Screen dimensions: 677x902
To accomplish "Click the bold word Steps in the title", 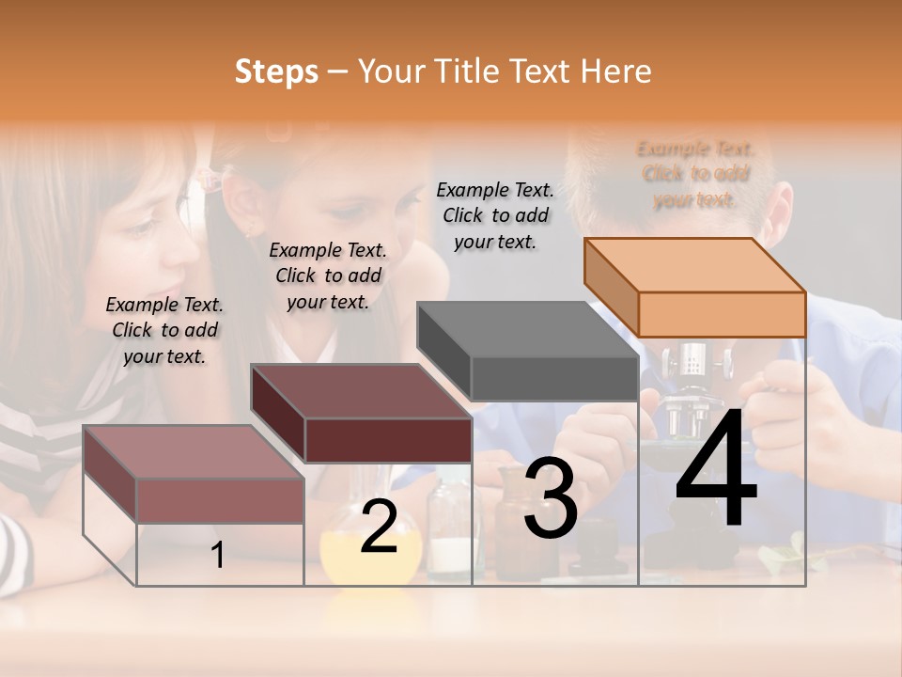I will [x=275, y=71].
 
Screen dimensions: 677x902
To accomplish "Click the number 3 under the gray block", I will [x=550, y=499].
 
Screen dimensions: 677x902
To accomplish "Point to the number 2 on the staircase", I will [x=379, y=527].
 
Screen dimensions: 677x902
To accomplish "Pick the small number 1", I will [x=218, y=556].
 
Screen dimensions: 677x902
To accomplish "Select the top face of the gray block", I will [x=527, y=329].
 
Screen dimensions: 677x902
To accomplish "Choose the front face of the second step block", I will [x=388, y=440].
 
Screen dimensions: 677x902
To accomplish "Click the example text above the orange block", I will [x=695, y=174].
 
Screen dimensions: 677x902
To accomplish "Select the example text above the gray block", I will [x=495, y=215].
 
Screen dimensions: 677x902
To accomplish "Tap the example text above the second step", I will [x=328, y=276].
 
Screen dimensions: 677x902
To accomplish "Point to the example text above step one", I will [x=164, y=330].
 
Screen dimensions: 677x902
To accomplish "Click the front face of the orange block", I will [x=722, y=314].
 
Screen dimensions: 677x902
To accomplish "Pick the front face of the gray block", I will [x=554, y=378].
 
